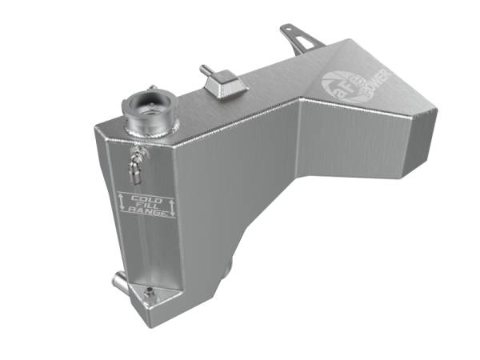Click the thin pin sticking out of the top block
[x=205, y=70]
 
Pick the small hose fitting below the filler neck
[x=135, y=165]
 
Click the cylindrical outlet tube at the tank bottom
[x=121, y=282]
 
